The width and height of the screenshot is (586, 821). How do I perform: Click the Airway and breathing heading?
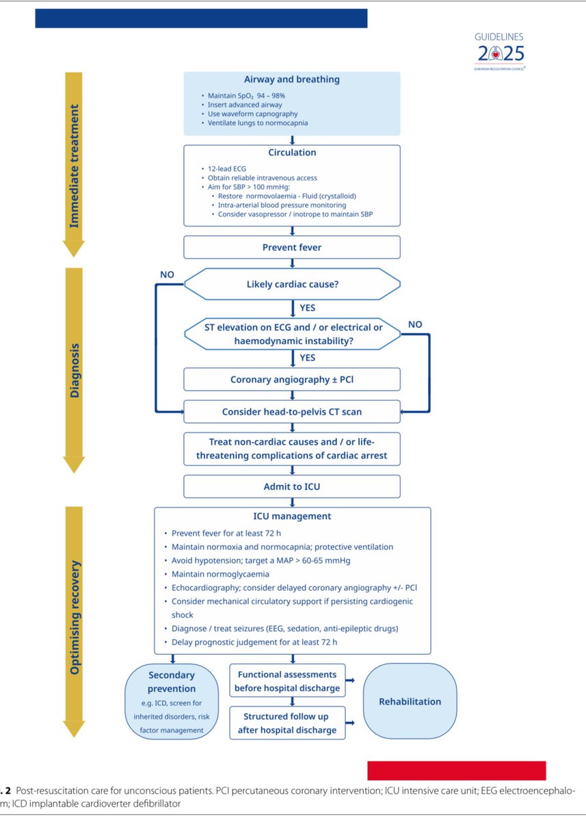click(292, 79)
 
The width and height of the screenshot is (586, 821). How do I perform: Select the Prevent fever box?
click(292, 247)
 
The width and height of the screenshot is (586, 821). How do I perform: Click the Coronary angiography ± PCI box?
click(292, 379)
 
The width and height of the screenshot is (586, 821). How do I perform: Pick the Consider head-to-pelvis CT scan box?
click(292, 412)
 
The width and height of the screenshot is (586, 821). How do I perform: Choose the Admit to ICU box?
click(292, 486)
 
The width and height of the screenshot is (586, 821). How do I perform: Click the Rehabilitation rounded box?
click(410, 701)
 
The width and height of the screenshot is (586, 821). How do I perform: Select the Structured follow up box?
click(287, 724)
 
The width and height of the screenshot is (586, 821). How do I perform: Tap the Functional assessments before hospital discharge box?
click(287, 681)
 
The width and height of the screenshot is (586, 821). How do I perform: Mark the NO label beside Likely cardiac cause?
click(168, 274)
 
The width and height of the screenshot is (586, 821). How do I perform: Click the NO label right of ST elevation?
click(414, 324)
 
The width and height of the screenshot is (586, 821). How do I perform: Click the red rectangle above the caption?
click(456, 770)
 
